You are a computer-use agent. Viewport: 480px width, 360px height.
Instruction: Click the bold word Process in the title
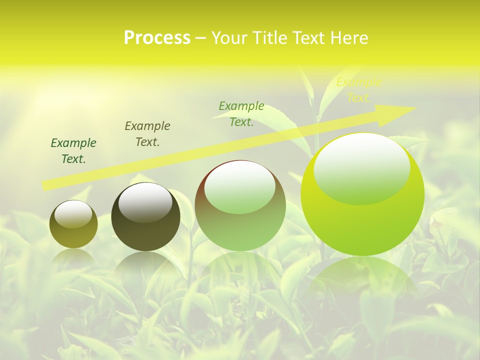[157, 38]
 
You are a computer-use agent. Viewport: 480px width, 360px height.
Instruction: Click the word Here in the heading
[348, 38]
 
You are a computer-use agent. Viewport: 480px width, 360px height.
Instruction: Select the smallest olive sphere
[73, 224]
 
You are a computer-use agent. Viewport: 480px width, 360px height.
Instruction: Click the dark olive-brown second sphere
[145, 217]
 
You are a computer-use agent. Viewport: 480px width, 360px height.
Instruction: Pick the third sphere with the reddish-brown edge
[240, 205]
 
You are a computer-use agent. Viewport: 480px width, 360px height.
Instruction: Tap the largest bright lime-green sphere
[362, 195]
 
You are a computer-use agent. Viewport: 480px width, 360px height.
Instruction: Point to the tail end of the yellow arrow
[46, 185]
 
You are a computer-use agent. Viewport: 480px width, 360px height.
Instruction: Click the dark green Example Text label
[73, 151]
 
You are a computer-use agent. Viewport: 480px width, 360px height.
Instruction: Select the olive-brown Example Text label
[147, 134]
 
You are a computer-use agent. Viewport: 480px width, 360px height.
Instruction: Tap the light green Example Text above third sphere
[241, 114]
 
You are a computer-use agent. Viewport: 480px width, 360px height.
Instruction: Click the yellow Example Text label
[358, 90]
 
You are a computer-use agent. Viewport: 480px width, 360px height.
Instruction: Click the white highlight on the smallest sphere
[73, 214]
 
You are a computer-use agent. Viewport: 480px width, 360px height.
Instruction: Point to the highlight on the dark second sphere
[145, 202]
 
